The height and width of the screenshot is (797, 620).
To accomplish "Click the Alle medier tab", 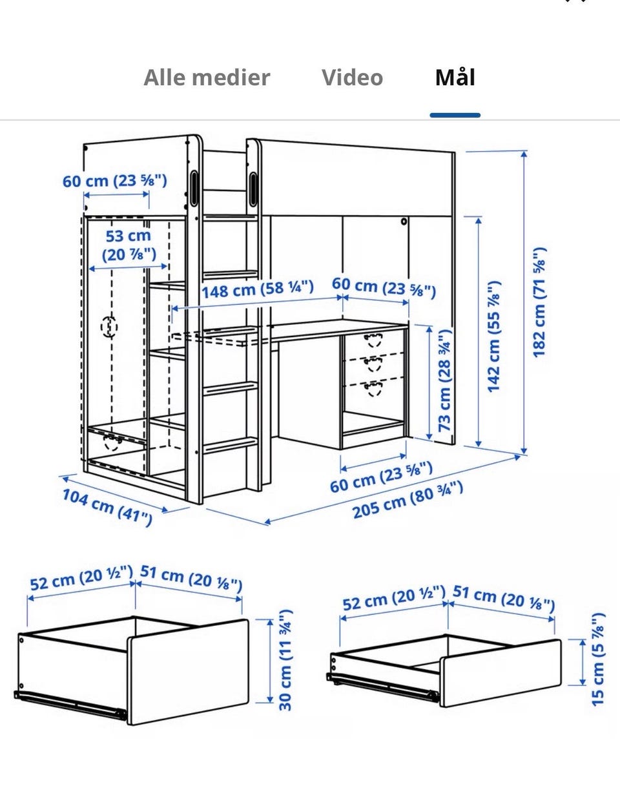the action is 207,78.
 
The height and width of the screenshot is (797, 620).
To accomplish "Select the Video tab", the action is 353,78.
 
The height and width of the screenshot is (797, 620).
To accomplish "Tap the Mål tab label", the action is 455,77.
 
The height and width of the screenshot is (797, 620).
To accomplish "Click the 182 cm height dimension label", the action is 540,302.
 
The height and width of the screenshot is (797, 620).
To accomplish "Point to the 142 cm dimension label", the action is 493,336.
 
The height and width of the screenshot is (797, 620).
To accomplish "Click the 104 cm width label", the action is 107,507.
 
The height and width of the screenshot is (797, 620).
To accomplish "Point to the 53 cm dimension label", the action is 129,245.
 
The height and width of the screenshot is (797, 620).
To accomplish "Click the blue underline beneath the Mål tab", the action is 455,115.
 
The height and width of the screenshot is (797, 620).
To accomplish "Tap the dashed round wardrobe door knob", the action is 109,327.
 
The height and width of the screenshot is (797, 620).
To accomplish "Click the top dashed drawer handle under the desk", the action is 373,340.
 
